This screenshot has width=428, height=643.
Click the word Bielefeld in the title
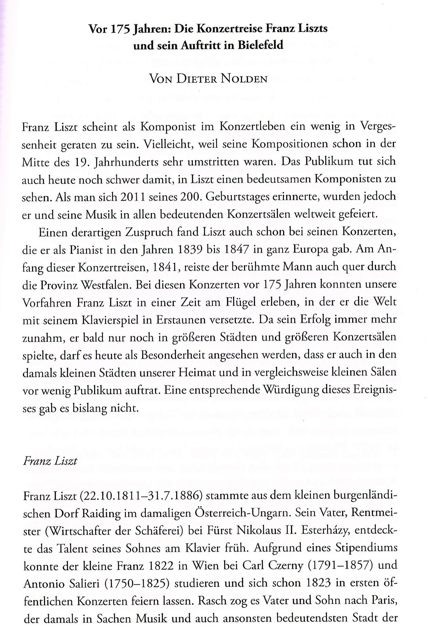pyautogui.click(x=260, y=45)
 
